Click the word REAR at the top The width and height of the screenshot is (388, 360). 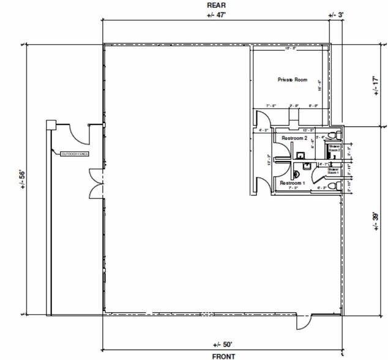[x=212, y=5]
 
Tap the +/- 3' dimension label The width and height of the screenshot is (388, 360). [x=337, y=15]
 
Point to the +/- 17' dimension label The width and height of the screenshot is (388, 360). [x=376, y=85]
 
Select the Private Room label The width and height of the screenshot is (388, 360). [x=292, y=80]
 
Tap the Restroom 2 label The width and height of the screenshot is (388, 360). [x=294, y=139]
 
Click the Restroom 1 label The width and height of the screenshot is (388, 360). [x=292, y=183]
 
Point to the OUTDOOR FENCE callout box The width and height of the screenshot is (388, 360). [x=75, y=154]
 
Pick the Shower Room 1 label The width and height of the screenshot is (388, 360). [x=333, y=171]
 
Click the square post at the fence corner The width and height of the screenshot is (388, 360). [x=50, y=125]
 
